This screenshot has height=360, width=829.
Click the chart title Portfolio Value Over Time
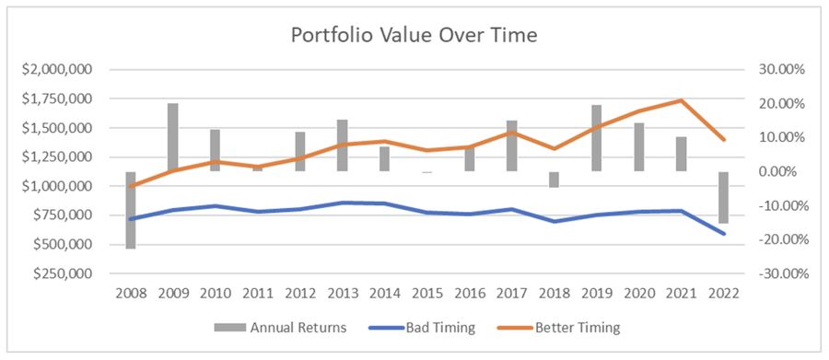pyautogui.click(x=414, y=35)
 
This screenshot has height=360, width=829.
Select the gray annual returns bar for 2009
pyautogui.click(x=173, y=137)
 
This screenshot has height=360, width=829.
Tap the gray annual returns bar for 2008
pyautogui.click(x=131, y=210)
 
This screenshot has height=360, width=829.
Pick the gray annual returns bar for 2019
pyautogui.click(x=596, y=138)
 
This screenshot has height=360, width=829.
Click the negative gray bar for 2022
pyautogui.click(x=723, y=197)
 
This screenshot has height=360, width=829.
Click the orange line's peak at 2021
pyautogui.click(x=681, y=100)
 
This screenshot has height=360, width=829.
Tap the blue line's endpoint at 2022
pyautogui.click(x=723, y=234)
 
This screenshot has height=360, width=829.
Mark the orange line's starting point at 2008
pyautogui.click(x=131, y=186)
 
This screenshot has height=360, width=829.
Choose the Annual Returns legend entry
pyautogui.click(x=280, y=327)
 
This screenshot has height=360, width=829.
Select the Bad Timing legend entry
pyautogui.click(x=421, y=327)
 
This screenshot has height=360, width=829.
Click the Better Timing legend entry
pyautogui.click(x=558, y=327)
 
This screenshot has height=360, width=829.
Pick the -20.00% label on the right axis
pyautogui.click(x=776, y=240)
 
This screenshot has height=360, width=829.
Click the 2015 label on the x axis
pyautogui.click(x=427, y=294)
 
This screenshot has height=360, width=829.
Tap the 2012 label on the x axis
pyautogui.click(x=300, y=294)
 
